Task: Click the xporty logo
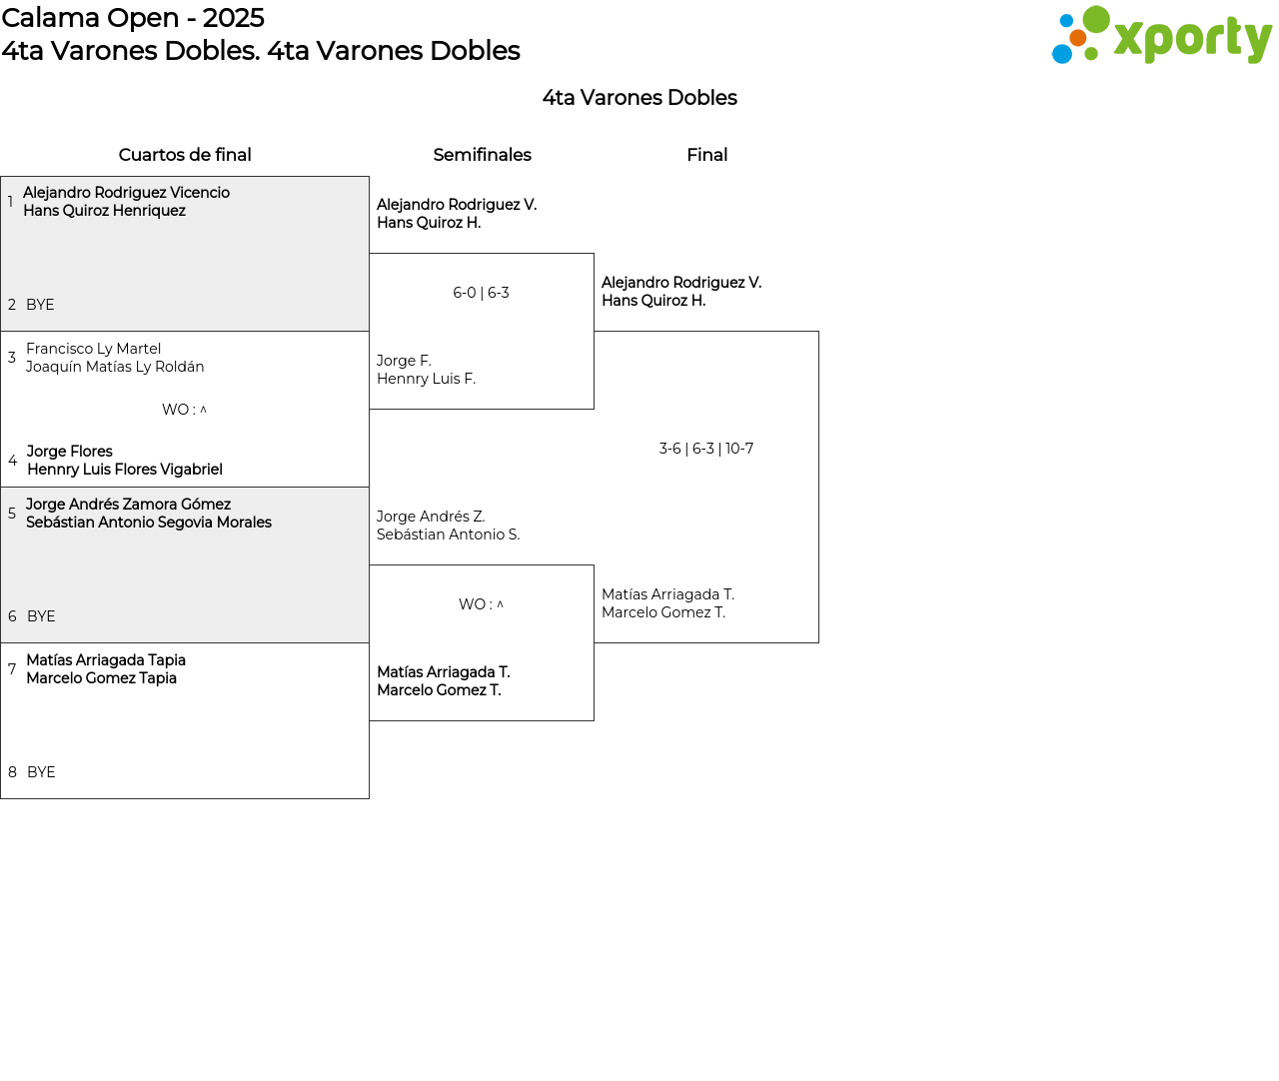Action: pyautogui.click(x=1161, y=36)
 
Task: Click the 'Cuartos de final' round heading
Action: pyautogui.click(x=185, y=155)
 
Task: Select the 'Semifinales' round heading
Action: pyautogui.click(x=482, y=155)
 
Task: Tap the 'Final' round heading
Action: pyautogui.click(x=706, y=155)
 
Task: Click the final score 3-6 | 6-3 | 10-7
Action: pyautogui.click(x=705, y=449)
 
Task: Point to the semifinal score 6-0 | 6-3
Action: pyautogui.click(x=481, y=293)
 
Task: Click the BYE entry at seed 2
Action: pyautogui.click(x=40, y=305)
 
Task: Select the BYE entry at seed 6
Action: pyautogui.click(x=41, y=616)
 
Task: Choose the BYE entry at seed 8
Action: pyautogui.click(x=41, y=772)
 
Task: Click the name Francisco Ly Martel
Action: pyautogui.click(x=93, y=349)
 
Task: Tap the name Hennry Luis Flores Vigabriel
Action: pyautogui.click(x=125, y=470)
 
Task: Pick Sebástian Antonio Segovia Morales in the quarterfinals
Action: pyautogui.click(x=149, y=523)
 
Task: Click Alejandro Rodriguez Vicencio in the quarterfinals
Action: pyautogui.click(x=126, y=193)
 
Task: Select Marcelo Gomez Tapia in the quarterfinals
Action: pyautogui.click(x=101, y=678)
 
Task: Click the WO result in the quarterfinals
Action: pyautogui.click(x=184, y=410)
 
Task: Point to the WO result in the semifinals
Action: pyautogui.click(x=481, y=604)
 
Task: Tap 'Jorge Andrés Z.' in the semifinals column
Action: pyautogui.click(x=431, y=517)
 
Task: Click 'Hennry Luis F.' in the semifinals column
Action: pyautogui.click(x=426, y=379)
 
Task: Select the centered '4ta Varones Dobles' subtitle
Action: pyautogui.click(x=639, y=98)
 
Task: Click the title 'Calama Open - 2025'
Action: pyautogui.click(x=133, y=18)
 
